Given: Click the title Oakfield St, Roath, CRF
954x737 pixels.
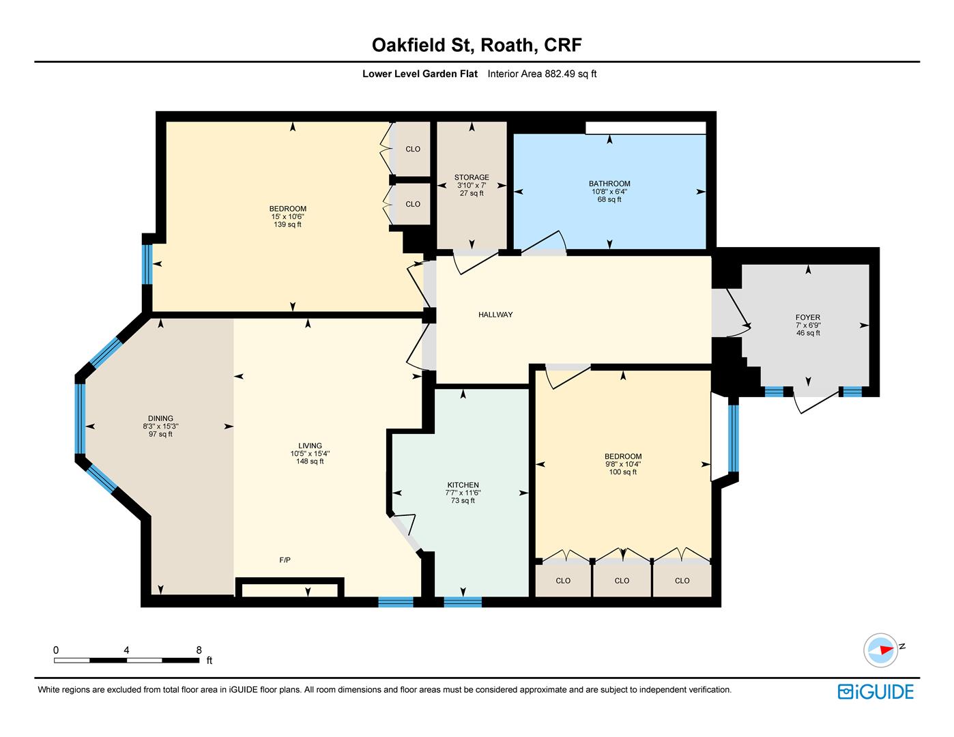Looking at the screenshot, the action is (x=477, y=45).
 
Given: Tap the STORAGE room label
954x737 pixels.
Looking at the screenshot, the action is (x=472, y=177).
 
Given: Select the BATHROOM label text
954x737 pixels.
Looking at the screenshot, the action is (x=609, y=184).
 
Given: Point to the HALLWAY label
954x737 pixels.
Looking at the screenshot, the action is (x=495, y=315).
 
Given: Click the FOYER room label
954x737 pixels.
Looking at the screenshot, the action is (x=808, y=317).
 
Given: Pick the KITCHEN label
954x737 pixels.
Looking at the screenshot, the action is (x=463, y=485).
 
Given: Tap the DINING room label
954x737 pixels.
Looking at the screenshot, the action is (x=160, y=418).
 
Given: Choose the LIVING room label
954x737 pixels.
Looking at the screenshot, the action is (x=310, y=446).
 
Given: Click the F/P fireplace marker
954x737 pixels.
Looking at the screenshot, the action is (x=285, y=560).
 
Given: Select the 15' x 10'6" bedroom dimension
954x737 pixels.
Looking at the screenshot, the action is (x=287, y=216).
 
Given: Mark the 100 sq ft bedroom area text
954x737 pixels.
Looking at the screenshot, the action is (x=622, y=472).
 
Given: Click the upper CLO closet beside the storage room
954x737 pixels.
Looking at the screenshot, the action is (x=413, y=149).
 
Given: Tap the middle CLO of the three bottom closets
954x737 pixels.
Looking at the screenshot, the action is (x=622, y=580).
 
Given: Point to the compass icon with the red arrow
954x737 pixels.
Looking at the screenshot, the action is (x=880, y=650).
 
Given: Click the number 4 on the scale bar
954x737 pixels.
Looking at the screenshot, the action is (x=126, y=650).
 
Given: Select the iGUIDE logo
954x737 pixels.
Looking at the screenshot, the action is (x=876, y=692).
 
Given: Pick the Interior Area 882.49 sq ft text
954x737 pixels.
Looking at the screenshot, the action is (x=542, y=74).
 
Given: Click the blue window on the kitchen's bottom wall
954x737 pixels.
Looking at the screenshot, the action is (x=463, y=602).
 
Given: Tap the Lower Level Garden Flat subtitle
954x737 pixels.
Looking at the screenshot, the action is (x=420, y=74).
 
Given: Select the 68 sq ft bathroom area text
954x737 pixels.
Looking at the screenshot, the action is (x=609, y=199).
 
